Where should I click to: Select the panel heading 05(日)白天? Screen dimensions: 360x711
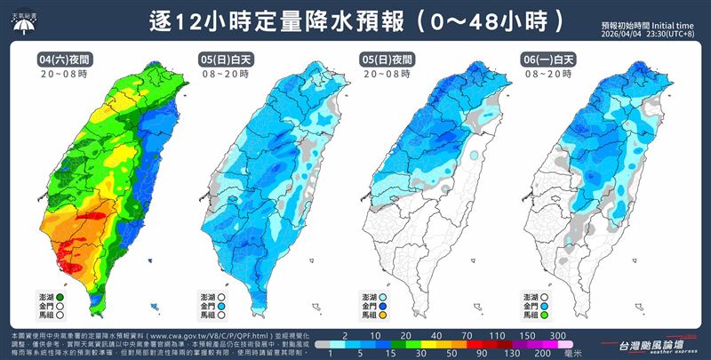point(221,58)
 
